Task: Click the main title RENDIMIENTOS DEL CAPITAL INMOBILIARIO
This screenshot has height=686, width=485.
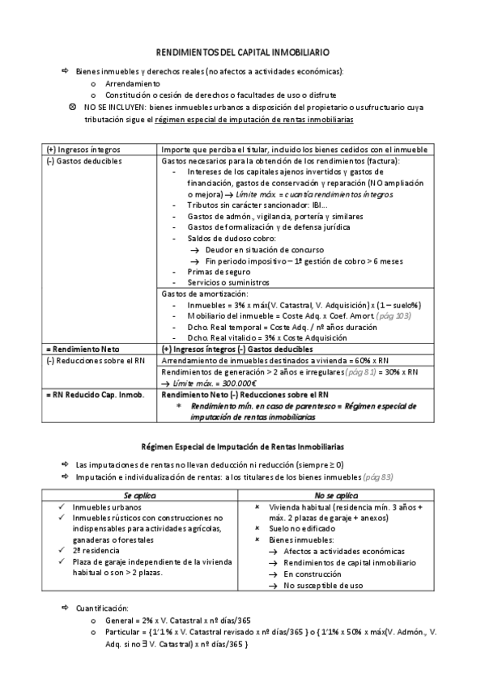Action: pos(242,51)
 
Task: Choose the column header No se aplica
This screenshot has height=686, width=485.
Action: pos(336,494)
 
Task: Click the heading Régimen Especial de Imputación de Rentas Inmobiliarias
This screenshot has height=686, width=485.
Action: pos(242,446)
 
